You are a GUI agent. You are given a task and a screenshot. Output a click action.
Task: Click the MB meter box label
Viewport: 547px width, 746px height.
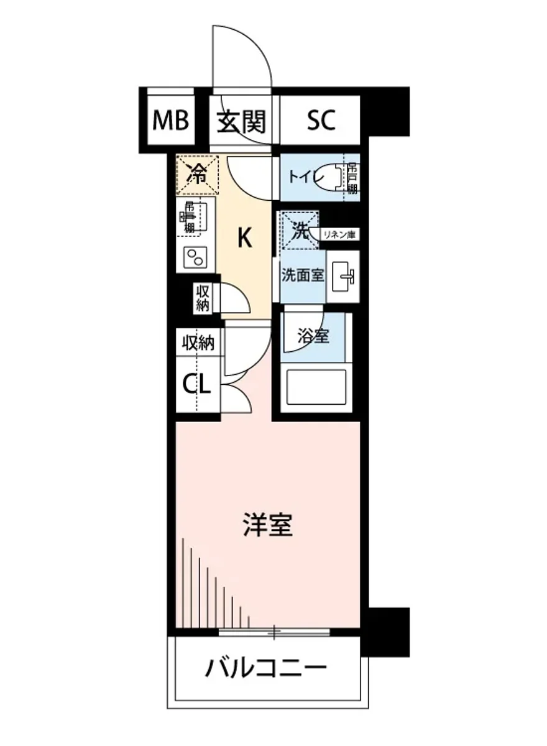point(171,121)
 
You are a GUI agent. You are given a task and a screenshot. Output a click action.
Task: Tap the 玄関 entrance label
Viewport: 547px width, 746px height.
point(241,121)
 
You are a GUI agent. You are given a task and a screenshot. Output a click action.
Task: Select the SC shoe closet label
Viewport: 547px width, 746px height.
point(321,121)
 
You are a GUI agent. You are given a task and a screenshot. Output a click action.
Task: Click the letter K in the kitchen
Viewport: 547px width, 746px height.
point(245,237)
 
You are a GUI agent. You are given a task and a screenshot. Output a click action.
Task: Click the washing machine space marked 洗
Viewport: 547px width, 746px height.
point(300,231)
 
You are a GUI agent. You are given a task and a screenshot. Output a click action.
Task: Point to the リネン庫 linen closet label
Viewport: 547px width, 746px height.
point(341,234)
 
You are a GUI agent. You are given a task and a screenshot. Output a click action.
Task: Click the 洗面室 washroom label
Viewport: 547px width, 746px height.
point(303,275)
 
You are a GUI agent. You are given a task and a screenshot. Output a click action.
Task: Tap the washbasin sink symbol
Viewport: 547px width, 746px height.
point(343,275)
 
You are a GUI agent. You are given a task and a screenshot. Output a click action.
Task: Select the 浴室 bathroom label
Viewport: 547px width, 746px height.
point(313,336)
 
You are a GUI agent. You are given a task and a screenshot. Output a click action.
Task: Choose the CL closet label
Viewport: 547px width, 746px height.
point(196,384)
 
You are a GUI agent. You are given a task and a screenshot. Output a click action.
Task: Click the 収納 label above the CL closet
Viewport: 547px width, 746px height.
point(198,343)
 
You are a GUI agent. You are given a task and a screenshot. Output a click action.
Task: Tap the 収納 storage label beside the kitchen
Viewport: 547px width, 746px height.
point(202,297)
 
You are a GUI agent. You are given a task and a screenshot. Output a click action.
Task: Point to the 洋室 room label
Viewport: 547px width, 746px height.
point(267,526)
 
